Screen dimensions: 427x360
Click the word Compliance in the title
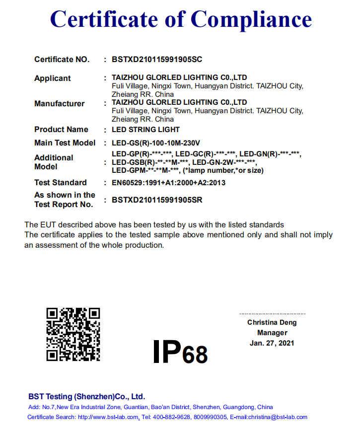point(251,19)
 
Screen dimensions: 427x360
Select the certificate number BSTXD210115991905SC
point(157,60)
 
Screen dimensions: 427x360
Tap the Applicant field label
point(52,78)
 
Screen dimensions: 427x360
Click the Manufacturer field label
point(59,104)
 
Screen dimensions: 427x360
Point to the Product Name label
point(61,130)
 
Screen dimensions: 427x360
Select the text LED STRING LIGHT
point(145,130)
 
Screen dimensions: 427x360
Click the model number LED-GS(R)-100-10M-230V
point(156,143)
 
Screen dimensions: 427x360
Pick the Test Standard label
point(60,183)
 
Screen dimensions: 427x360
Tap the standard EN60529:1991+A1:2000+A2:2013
point(168,183)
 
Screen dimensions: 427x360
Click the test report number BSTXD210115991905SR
point(157,200)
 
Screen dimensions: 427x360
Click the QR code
point(73,334)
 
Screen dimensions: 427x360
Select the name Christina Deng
point(272,323)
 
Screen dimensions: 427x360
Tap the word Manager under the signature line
point(272,333)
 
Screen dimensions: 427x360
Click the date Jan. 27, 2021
point(272,343)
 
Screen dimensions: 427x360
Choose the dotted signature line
point(272,314)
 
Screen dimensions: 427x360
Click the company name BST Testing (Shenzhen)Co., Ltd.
point(86,396)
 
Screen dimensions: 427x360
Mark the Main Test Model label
point(65,143)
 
